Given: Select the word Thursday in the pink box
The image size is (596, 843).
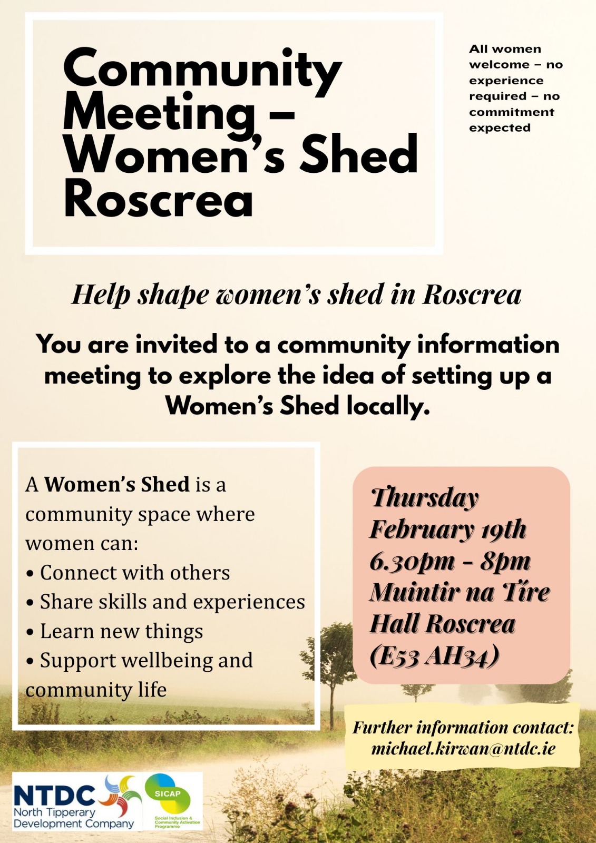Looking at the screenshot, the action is pyautogui.click(x=425, y=499).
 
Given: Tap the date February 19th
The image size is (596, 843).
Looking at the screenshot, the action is pyautogui.click(x=448, y=530).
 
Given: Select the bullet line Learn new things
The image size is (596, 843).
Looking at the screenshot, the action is pyautogui.click(x=115, y=631).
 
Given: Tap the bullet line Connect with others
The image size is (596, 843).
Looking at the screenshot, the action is pyautogui.click(x=128, y=573).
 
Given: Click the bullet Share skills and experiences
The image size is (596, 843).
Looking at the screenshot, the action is pyautogui.click(x=165, y=602).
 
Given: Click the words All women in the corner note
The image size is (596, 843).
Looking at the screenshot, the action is pyautogui.click(x=505, y=49).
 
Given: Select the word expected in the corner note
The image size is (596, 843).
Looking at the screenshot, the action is pyautogui.click(x=500, y=129).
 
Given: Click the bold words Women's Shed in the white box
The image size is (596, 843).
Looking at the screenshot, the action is pyautogui.click(x=117, y=485).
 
